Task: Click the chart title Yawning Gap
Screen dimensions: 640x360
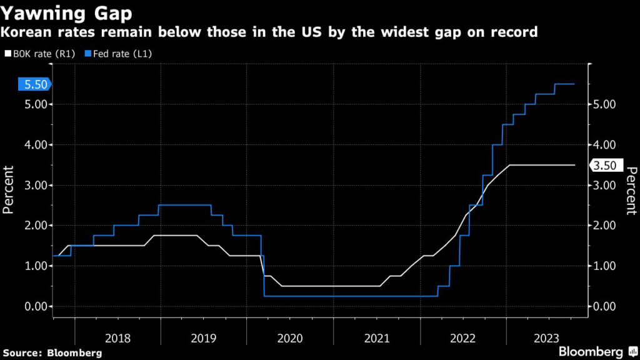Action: coord(66,14)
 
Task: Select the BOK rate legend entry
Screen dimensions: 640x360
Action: coord(40,54)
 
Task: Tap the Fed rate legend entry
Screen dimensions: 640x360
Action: coord(118,54)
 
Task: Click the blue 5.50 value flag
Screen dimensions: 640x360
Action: coord(35,84)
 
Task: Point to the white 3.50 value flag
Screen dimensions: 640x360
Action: coord(606,165)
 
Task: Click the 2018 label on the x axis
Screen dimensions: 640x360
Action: coord(117,338)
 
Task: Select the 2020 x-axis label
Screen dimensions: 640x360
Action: coord(290,338)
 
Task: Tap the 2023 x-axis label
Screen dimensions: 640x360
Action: coord(546,338)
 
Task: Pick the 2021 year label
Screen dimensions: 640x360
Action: coord(377,338)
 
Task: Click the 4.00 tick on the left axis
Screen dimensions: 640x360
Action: coord(36,145)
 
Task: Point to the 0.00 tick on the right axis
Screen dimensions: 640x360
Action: coord(604,306)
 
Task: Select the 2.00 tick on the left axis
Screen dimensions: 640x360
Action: coord(36,225)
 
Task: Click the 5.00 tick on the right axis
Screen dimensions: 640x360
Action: coord(604,104)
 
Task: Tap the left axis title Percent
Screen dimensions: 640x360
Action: coord(8,190)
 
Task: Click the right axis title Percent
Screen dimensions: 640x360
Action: coord(631,191)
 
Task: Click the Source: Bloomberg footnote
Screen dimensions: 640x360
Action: coord(52,353)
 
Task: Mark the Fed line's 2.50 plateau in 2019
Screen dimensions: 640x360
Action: coord(184,205)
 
